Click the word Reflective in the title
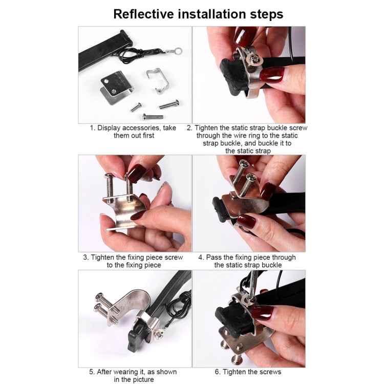coord(140,14)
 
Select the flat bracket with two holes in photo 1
coord(115,89)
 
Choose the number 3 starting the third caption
coord(86,258)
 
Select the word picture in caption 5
coord(141,379)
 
